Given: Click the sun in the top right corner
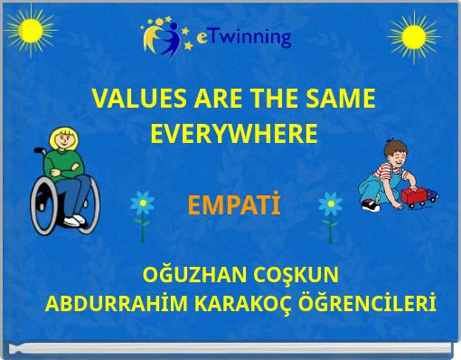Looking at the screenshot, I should tap(413, 37).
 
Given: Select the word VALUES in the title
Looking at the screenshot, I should tap(136, 99).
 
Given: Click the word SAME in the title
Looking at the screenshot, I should tap(340, 99).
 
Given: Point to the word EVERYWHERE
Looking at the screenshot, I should tap(233, 135).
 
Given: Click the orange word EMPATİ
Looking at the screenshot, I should tap(234, 206).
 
